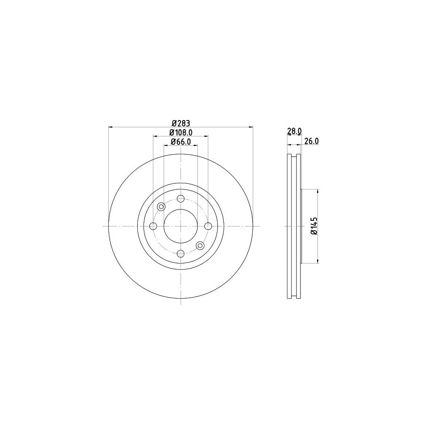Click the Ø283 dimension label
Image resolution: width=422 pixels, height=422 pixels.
(x=181, y=123)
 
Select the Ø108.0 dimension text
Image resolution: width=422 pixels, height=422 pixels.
(x=181, y=133)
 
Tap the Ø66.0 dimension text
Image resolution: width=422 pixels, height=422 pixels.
(x=181, y=142)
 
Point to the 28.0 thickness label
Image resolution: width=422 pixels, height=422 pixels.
(x=294, y=132)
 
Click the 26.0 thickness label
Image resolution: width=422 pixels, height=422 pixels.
(x=311, y=141)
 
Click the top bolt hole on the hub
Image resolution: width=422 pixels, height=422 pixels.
(x=181, y=198)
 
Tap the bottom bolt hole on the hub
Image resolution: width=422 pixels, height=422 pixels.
(x=181, y=254)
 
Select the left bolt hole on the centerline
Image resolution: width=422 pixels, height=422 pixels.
(x=153, y=226)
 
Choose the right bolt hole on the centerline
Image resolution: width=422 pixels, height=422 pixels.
(x=208, y=226)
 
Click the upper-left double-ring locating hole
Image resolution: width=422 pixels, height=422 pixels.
(x=161, y=206)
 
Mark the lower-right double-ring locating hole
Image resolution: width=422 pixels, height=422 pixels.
(x=200, y=246)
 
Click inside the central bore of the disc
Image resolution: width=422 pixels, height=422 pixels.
(x=181, y=226)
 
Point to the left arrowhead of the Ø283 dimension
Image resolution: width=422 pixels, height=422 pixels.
(x=111, y=127)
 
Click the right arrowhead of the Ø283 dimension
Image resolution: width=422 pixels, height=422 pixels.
(x=251, y=127)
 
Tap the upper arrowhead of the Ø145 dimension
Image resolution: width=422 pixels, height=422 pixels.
(x=319, y=191)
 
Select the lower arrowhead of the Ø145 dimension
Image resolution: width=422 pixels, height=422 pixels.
(x=319, y=261)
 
